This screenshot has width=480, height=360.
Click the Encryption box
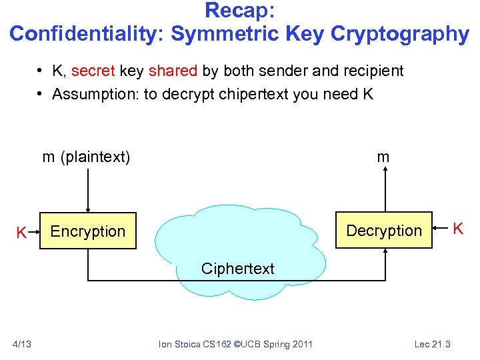click(x=87, y=231)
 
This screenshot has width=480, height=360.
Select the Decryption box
click(x=384, y=231)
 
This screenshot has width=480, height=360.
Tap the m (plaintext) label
click(x=86, y=157)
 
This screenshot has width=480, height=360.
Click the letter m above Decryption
click(x=383, y=157)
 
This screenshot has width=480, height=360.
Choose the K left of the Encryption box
click(x=21, y=233)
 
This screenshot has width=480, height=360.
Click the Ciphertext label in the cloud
click(x=237, y=269)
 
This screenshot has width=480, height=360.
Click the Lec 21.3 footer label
click(x=432, y=343)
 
